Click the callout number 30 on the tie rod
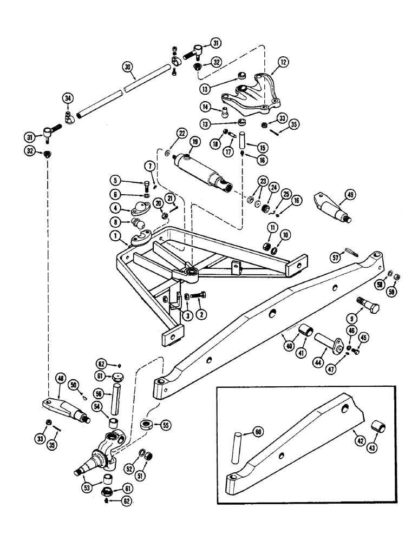click(x=127, y=68)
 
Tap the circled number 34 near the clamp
click(x=67, y=98)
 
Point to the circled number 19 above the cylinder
click(x=194, y=142)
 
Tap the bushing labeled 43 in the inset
click(x=377, y=430)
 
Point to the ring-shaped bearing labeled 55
click(x=147, y=425)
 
